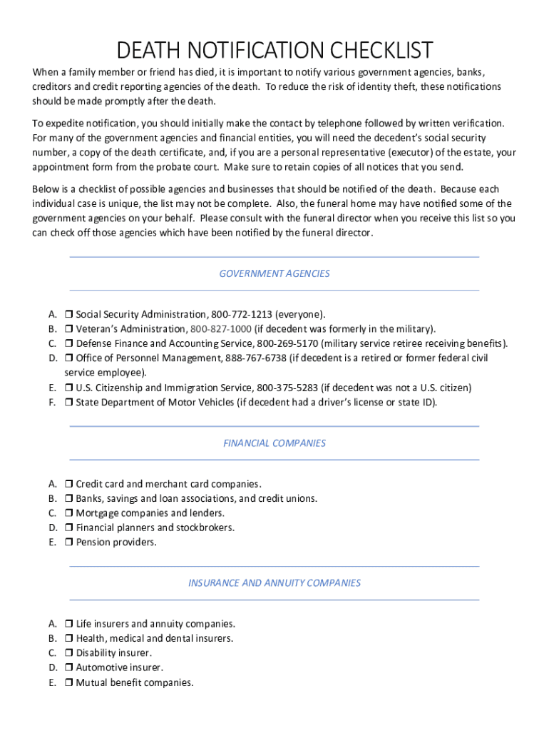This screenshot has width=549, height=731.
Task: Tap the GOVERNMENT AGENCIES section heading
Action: point(274,273)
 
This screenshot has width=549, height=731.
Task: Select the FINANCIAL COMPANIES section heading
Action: point(274,443)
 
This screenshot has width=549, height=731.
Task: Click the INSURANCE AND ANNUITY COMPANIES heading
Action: point(274,583)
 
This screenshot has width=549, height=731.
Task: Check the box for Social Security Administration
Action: point(69,315)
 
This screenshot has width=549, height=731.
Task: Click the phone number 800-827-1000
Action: point(220,329)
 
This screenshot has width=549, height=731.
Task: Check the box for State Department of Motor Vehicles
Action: point(69,403)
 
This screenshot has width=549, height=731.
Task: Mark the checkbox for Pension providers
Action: point(69,543)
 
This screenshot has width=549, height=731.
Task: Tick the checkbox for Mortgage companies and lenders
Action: point(69,513)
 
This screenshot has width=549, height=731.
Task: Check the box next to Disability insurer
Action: point(69,653)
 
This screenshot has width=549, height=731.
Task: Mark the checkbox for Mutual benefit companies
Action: point(69,683)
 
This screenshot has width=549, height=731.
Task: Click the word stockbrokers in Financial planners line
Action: point(205,528)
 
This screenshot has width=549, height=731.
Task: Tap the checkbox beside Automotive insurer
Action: point(69,668)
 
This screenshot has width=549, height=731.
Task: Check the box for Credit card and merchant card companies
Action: point(69,484)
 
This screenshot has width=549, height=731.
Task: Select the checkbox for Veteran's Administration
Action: point(69,329)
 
